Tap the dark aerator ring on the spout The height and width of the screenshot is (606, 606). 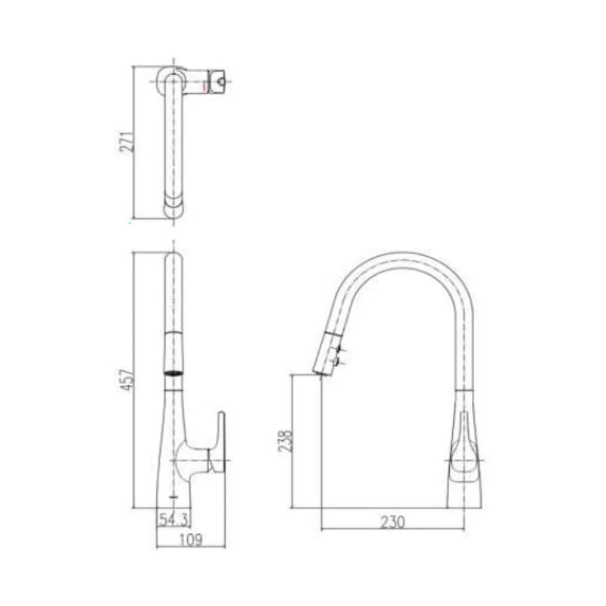[x=174, y=372]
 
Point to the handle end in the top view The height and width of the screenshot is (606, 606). [x=217, y=80]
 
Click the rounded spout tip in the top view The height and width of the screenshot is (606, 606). [x=174, y=209]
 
